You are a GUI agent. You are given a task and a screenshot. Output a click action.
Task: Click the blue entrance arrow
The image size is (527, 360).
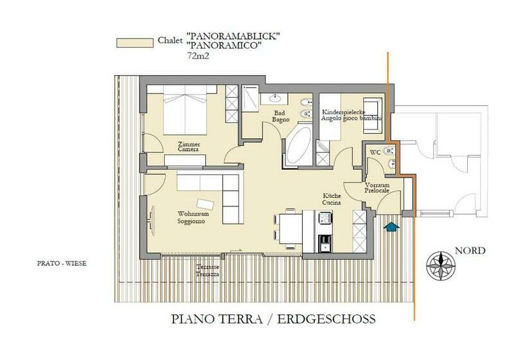(390, 225)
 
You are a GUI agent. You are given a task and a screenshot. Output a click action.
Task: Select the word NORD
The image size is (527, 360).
(470, 251)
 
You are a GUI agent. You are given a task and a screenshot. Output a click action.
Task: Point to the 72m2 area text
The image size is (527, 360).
(197, 57)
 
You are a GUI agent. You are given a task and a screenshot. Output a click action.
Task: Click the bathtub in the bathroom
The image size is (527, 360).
(298, 147)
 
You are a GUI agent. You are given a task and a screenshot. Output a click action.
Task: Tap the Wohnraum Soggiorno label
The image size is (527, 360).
(191, 217)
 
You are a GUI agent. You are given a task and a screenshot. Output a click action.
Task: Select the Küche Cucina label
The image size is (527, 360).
(332, 199)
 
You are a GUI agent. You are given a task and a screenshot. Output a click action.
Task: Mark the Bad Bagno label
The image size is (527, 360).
(280, 116)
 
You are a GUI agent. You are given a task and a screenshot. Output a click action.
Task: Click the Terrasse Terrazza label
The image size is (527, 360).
(209, 271)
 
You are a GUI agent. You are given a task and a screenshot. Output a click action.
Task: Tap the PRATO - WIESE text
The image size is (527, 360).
(62, 263)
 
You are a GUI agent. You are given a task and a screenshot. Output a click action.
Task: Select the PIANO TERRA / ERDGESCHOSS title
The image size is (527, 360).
(273, 319)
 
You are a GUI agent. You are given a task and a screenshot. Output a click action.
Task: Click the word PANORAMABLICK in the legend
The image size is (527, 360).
(233, 36)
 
